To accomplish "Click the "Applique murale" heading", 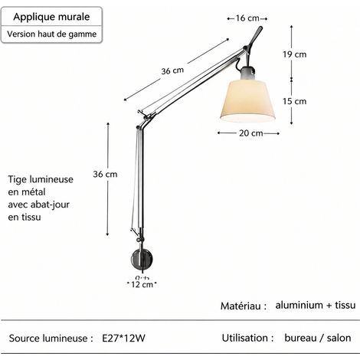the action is pyautogui.click(x=51, y=17).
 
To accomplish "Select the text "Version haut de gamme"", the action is pyautogui.click(x=52, y=34).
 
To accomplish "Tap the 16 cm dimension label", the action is pyautogui.click(x=247, y=18).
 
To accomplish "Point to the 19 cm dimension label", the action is pyautogui.click(x=294, y=54).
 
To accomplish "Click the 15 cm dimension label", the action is pyautogui.click(x=294, y=101).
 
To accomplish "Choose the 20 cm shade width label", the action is pyautogui.click(x=251, y=133).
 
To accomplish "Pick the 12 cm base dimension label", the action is pyautogui.click(x=142, y=284).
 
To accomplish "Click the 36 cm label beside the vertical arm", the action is pyautogui.click(x=105, y=174).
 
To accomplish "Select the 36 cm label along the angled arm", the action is pyautogui.click(x=172, y=70).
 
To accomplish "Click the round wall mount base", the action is pyautogui.click(x=142, y=259).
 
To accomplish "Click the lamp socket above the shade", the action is pyautogui.click(x=247, y=73).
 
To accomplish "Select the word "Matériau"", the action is pyautogui.click(x=241, y=306).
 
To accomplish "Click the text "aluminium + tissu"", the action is pyautogui.click(x=316, y=305).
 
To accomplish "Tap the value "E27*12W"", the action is pyautogui.click(x=124, y=339).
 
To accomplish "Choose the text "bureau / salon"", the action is pyautogui.click(x=318, y=338).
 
